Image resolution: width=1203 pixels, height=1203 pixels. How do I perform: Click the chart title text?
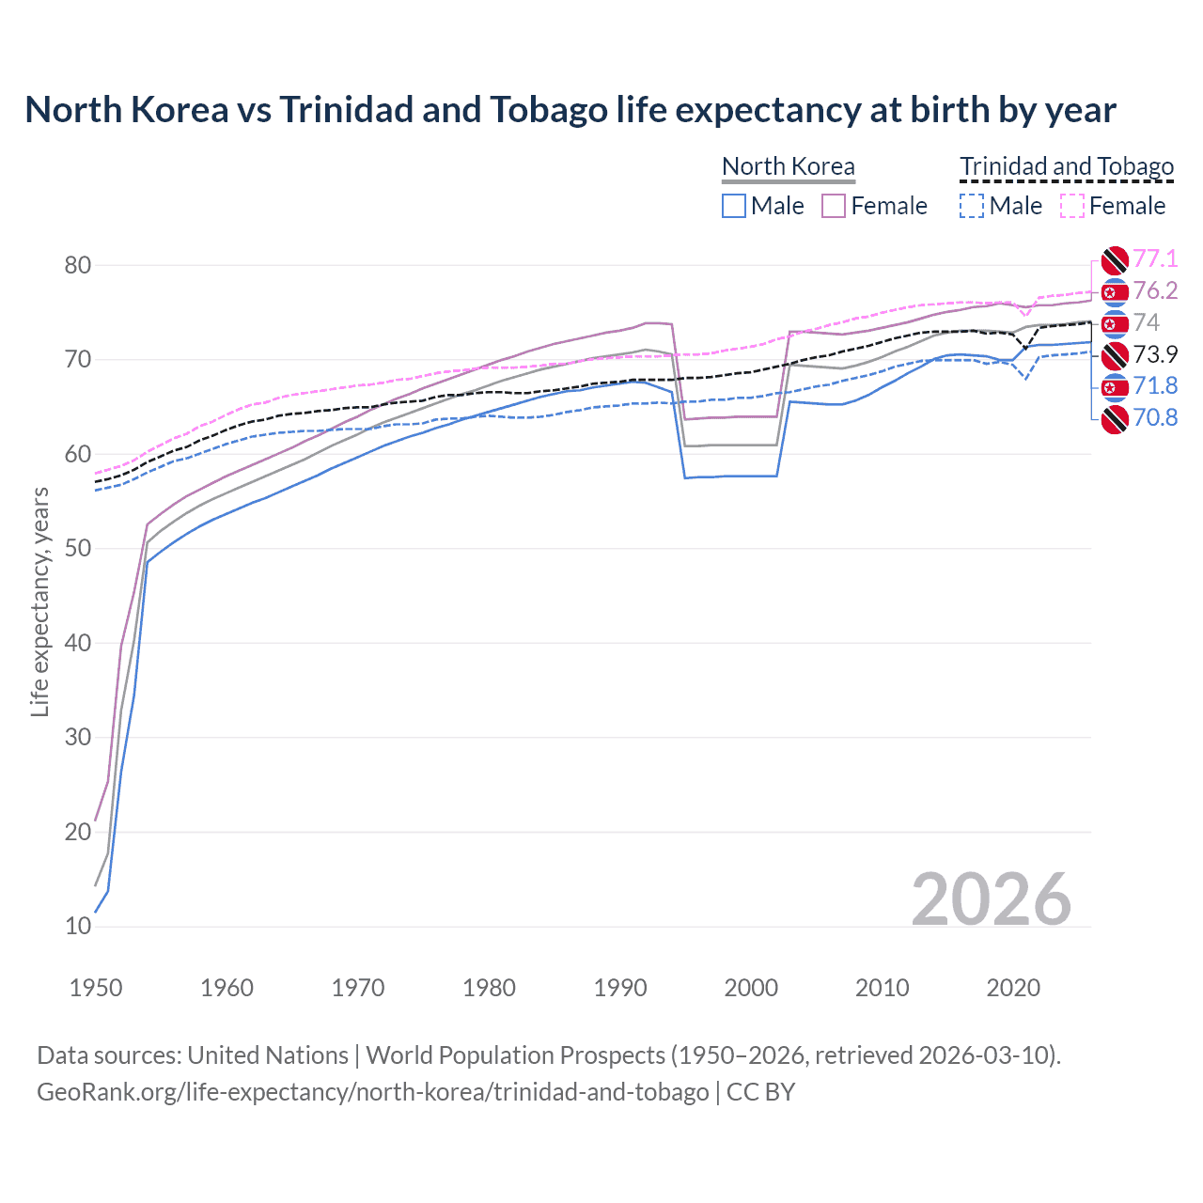(x=570, y=110)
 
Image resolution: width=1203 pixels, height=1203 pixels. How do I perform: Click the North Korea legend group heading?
(x=788, y=166)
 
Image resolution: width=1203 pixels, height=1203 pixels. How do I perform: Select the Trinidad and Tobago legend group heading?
(x=1066, y=166)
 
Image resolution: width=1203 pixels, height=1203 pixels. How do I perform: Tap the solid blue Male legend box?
(x=734, y=206)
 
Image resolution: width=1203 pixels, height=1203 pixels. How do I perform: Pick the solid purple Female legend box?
(x=834, y=206)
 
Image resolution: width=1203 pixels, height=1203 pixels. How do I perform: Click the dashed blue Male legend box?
(x=972, y=206)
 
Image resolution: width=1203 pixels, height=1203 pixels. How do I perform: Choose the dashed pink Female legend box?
(x=1072, y=206)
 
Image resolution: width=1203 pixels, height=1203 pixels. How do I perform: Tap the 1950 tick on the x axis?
(x=96, y=988)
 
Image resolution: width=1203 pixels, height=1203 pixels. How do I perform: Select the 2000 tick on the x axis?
(x=751, y=988)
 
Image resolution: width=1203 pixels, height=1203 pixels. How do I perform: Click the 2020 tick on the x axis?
(x=1013, y=988)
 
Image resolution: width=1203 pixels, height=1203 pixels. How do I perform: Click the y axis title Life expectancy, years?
(x=39, y=601)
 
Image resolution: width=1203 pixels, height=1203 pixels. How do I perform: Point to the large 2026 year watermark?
(x=991, y=899)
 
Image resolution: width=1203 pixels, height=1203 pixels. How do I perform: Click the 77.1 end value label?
(x=1155, y=259)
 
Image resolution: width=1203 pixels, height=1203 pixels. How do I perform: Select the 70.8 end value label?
(x=1155, y=418)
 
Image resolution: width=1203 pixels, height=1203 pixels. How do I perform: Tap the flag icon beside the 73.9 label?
(x=1115, y=355)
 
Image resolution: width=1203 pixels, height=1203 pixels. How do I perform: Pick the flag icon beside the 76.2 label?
(x=1115, y=292)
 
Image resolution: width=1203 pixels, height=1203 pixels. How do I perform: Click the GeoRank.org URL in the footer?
(x=372, y=1092)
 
